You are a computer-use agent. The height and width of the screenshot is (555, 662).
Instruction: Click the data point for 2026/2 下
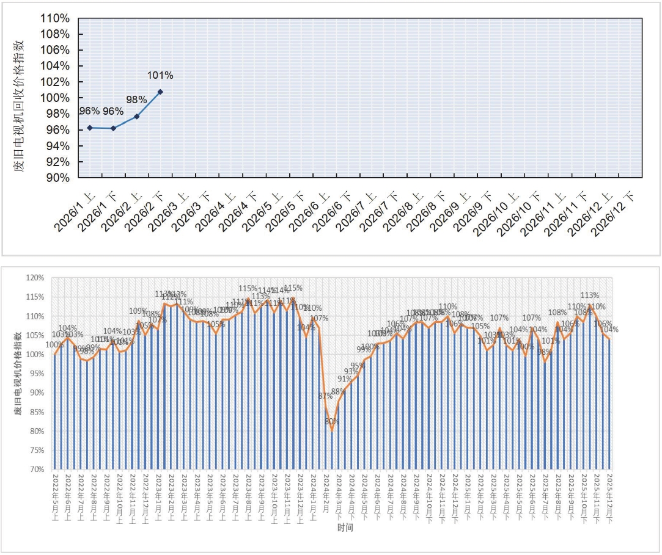[x=160, y=92]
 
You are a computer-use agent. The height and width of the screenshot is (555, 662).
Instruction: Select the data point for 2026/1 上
[x=90, y=128]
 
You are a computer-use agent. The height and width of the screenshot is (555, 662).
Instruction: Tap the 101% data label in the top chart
[x=160, y=76]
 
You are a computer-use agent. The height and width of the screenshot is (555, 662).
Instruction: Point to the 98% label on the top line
[x=136, y=100]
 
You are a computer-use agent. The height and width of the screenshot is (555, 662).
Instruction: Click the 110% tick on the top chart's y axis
[x=54, y=18]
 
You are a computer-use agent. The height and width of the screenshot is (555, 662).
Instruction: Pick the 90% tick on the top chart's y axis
[x=57, y=178]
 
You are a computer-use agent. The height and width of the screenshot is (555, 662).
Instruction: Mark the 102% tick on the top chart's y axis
[x=54, y=82]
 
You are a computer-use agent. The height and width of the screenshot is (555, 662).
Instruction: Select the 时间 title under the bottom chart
[x=345, y=528]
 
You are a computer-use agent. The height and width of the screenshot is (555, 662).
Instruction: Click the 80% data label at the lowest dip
[x=332, y=421]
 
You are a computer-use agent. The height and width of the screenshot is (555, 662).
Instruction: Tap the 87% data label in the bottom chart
[x=325, y=396]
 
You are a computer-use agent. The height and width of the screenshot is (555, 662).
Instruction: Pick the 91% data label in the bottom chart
[x=344, y=379]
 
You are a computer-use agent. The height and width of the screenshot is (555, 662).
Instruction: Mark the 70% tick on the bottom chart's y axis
[x=36, y=470]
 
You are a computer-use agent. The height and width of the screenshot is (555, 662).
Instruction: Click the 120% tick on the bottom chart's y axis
[x=35, y=278]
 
